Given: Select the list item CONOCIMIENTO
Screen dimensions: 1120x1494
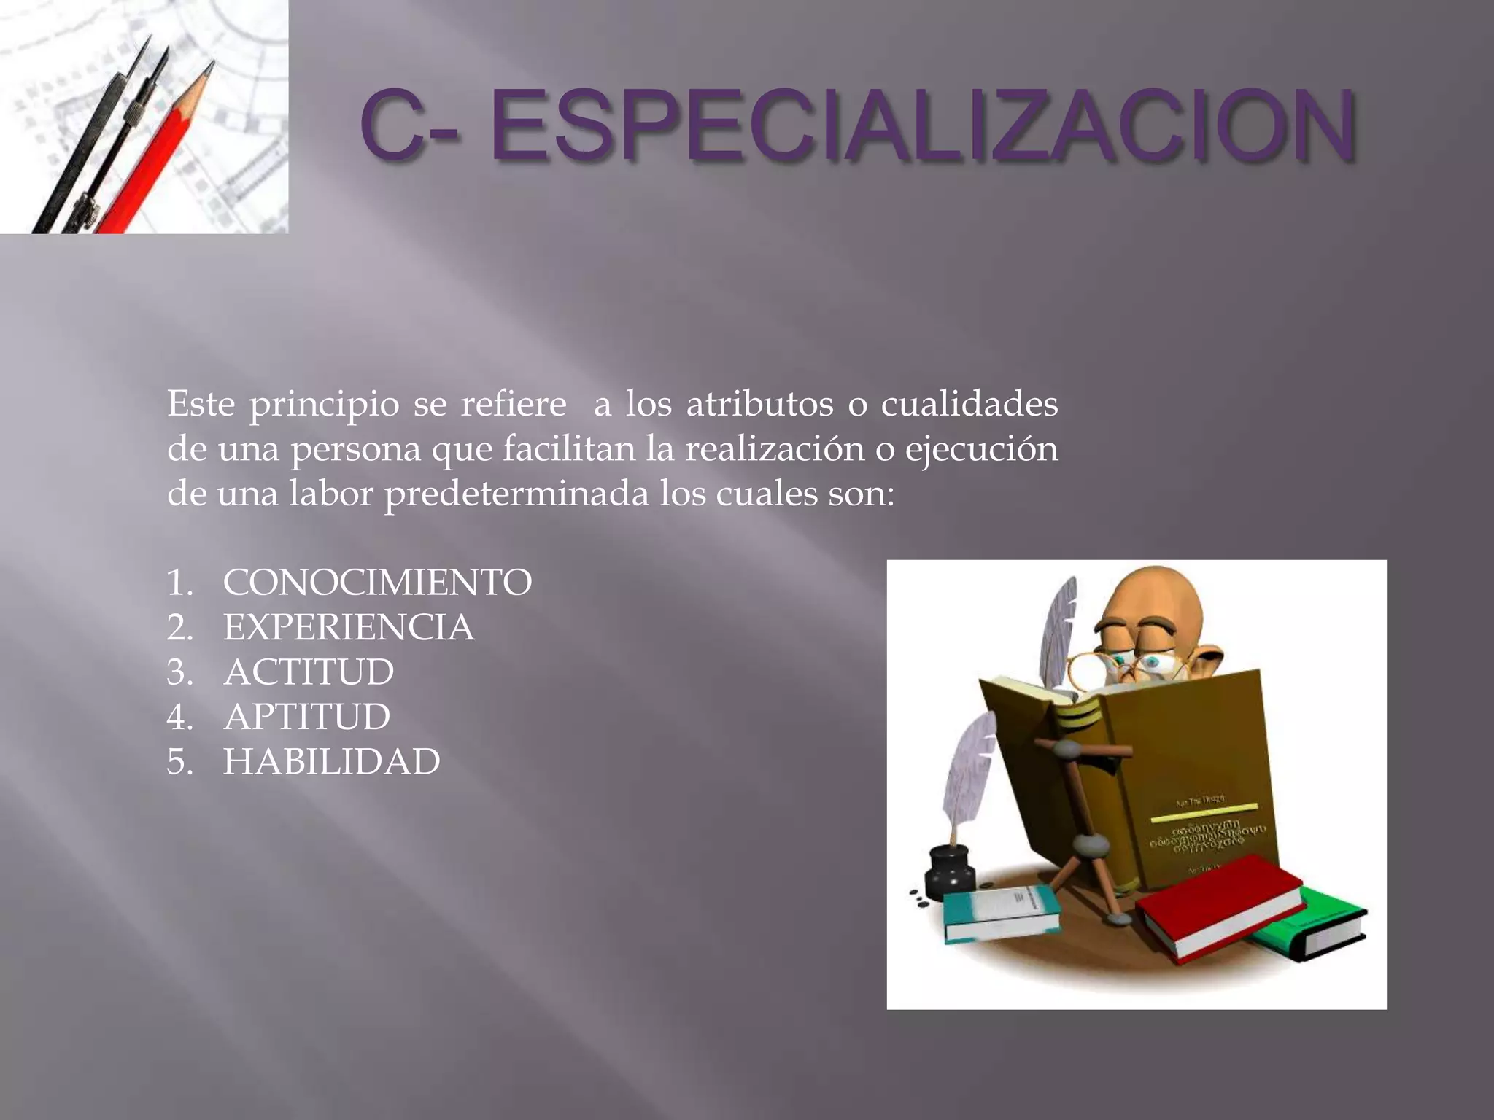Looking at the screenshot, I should [x=377, y=583].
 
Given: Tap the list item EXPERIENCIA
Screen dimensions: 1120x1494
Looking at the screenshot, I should [x=349, y=628].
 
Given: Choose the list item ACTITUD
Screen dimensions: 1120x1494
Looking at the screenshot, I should [x=309, y=672].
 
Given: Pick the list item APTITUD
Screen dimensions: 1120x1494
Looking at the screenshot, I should [x=306, y=717].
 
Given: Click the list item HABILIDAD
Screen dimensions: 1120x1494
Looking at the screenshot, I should [x=331, y=762].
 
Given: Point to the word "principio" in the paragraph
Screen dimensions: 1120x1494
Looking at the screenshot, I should [x=325, y=405].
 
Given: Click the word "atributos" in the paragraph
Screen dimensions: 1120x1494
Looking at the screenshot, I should [x=759, y=405].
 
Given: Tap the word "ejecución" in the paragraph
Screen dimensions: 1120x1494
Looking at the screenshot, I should [x=981, y=449].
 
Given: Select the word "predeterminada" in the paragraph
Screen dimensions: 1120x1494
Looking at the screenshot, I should [x=516, y=494].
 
